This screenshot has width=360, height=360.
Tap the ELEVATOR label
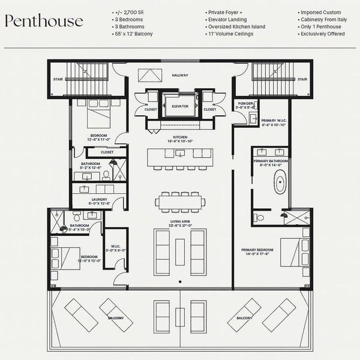[x=180, y=106]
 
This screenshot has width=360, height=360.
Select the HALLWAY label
[x=180, y=75]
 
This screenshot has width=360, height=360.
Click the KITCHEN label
[x=181, y=137]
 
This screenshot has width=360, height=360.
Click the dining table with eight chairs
[x=180, y=202]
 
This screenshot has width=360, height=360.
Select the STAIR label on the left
[x=58, y=78]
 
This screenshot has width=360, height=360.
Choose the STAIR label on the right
[x=302, y=78]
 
